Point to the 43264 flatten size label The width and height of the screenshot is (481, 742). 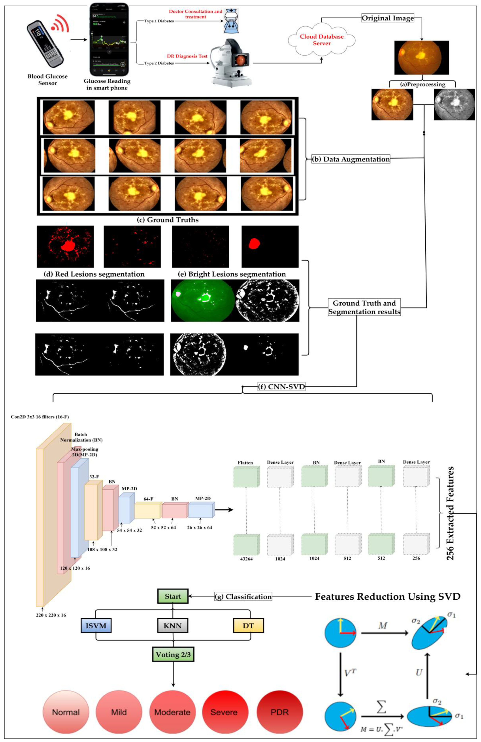pyautogui.click(x=246, y=559)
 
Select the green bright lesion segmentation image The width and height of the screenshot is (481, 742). pyautogui.click(x=202, y=300)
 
